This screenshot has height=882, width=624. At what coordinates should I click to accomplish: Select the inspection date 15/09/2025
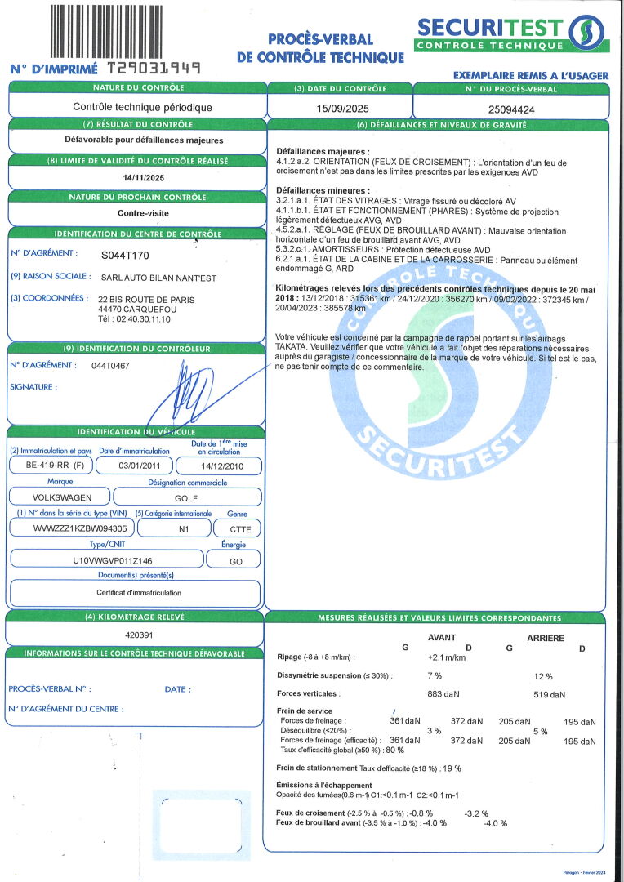[339, 107]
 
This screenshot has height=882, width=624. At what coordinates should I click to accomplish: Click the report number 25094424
[511, 107]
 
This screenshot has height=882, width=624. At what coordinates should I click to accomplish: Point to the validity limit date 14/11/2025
[137, 177]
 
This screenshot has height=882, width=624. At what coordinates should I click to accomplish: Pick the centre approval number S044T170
[126, 255]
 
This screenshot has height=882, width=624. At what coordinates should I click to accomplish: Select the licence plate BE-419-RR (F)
[49, 465]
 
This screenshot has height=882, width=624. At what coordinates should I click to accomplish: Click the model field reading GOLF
[187, 497]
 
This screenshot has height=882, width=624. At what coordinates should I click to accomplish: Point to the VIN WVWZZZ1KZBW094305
[70, 528]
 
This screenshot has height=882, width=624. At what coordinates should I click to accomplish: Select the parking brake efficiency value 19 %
[452, 768]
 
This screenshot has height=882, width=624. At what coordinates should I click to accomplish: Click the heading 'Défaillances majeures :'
[323, 152]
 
